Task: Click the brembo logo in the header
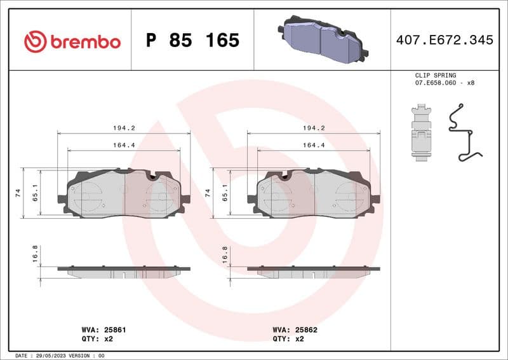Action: tap(72, 41)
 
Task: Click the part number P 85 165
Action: tap(192, 41)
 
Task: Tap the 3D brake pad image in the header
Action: tap(322, 39)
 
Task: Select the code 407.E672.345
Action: tap(444, 40)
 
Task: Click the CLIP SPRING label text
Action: tap(435, 75)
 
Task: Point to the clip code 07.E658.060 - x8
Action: tap(444, 83)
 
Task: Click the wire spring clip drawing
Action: tap(464, 134)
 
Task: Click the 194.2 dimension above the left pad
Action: tap(123, 128)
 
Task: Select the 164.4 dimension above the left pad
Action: tap(123, 145)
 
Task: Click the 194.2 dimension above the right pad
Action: tap(313, 128)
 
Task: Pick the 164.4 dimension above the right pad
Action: tap(313, 145)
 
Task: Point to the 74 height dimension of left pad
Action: tap(18, 193)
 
